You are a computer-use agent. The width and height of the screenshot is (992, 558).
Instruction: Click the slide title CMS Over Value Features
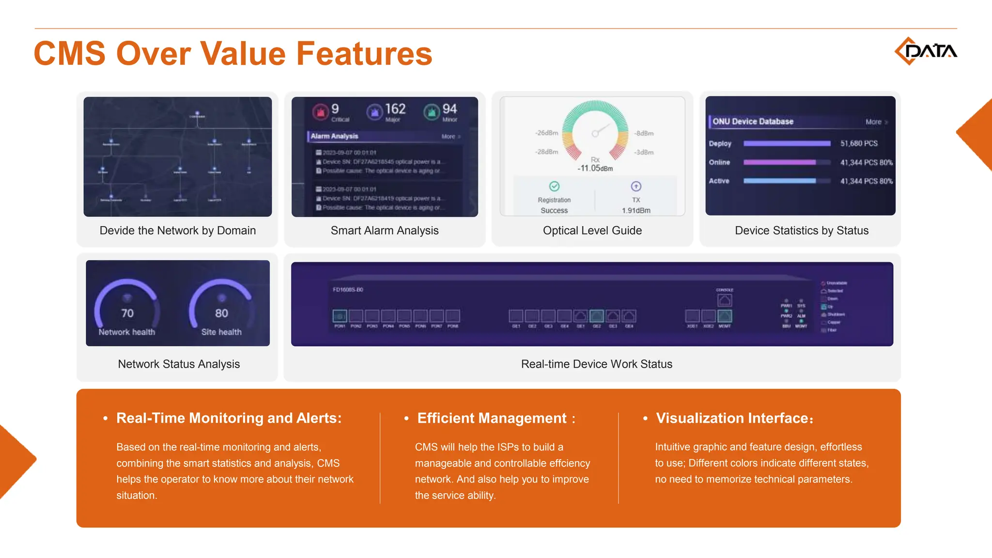[232, 53]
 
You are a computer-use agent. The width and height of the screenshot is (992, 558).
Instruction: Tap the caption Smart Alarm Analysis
[385, 231]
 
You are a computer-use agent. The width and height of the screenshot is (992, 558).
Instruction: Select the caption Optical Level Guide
[592, 231]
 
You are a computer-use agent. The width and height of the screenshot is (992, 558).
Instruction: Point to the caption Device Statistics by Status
[801, 231]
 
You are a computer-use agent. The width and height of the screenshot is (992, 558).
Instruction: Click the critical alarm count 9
[335, 109]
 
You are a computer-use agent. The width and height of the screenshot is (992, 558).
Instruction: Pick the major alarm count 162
[395, 109]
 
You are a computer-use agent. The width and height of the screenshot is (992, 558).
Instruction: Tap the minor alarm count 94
[449, 109]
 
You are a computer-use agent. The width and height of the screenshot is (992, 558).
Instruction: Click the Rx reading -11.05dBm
[595, 168]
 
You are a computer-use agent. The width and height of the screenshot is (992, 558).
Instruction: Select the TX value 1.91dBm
[636, 211]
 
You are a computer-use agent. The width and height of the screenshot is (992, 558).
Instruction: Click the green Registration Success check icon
[554, 186]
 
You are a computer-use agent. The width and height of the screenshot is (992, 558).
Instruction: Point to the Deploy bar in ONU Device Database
[787, 143]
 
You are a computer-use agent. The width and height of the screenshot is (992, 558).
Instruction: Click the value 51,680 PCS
[859, 143]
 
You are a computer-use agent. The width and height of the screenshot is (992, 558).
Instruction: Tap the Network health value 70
[127, 313]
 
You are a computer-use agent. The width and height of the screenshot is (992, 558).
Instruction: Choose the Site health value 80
[221, 313]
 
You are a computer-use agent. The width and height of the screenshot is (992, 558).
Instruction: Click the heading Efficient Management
[492, 418]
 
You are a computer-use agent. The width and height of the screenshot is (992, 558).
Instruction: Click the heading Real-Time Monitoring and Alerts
[229, 418]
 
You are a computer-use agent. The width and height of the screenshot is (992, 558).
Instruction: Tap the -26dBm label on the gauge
[546, 133]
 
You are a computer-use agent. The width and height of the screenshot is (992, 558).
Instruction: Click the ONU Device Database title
[753, 122]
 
